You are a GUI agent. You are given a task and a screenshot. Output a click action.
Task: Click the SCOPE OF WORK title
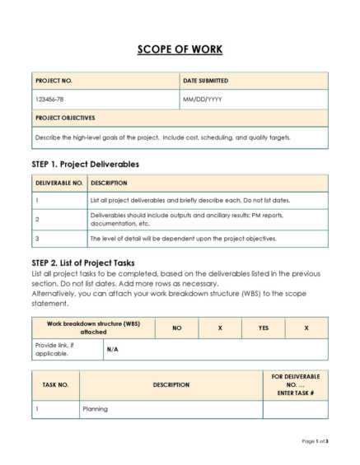pos(180,49)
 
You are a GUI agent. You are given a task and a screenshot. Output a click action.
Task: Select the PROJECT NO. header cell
pos(54,81)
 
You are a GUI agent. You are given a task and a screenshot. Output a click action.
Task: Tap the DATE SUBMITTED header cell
pos(206,81)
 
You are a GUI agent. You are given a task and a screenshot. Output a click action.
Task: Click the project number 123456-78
pos(52,99)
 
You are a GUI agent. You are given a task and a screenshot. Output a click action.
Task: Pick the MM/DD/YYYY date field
pos(203,99)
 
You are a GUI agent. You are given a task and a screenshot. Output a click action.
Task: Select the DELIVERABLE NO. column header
pos(58,183)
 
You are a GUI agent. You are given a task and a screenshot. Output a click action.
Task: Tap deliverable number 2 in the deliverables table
pos(38,220)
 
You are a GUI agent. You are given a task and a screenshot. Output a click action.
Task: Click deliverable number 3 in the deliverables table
pos(38,239)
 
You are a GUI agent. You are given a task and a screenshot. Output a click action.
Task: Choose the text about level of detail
pos(183,239)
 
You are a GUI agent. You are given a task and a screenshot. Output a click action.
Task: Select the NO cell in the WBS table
pos(176,328)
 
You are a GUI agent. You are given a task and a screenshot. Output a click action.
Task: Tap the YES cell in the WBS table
pos(263,328)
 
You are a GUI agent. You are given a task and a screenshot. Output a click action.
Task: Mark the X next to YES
pos(306,328)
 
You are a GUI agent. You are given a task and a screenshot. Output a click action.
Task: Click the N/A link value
pos(112,349)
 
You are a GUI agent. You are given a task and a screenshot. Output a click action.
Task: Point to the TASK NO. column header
pos(55,384)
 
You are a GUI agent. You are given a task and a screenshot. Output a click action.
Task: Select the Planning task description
pos(96,407)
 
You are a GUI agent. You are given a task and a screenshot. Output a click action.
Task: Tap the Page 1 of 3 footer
pos(315,442)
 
